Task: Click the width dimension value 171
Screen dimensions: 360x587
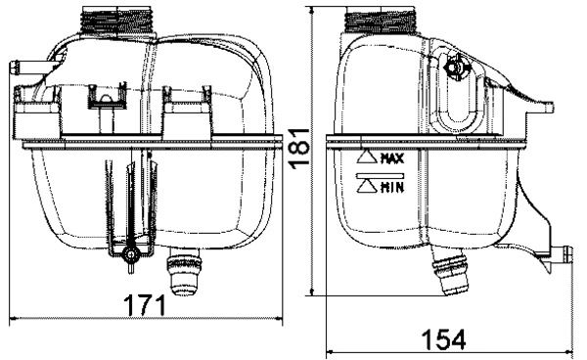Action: [144, 304]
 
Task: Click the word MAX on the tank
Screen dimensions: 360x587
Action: [393, 157]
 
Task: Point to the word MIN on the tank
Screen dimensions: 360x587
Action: [393, 184]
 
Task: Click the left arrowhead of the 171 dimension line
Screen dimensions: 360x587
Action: [12, 319]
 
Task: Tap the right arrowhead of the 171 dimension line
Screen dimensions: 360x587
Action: [286, 319]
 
